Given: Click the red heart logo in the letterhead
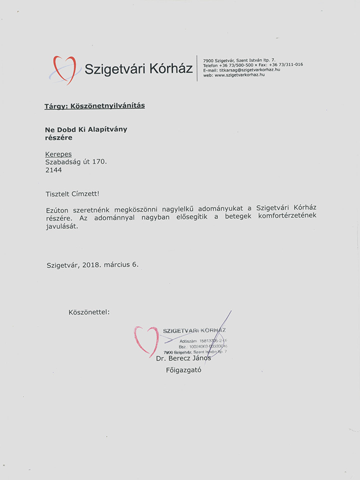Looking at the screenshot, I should [64, 69].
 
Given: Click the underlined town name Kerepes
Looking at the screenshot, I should [58, 154].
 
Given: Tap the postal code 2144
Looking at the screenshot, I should [53, 170].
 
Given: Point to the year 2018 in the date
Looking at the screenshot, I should [91, 265].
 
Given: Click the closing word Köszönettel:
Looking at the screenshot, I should [89, 312].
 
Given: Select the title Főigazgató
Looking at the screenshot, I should [183, 370].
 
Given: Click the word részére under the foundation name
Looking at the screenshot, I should [58, 137].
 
